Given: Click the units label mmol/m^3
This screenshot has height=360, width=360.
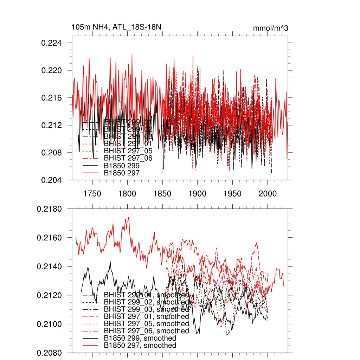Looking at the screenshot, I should (x=270, y=28).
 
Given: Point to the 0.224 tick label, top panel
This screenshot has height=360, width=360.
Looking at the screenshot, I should (x=52, y=43).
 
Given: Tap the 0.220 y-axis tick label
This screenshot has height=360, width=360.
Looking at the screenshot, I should (x=52, y=71).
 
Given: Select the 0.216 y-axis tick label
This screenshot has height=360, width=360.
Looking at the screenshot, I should (x=52, y=98).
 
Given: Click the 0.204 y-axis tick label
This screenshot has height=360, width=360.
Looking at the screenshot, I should (x=52, y=180).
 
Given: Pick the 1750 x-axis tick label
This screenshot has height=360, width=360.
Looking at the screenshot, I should (x=92, y=194).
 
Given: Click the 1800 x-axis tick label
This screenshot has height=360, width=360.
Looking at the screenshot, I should (x=127, y=194).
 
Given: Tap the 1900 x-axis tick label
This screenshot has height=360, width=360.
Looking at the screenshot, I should (x=198, y=194).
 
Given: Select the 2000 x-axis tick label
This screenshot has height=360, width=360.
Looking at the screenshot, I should (x=268, y=194).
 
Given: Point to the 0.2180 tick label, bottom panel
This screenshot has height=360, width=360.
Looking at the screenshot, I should (x=50, y=209).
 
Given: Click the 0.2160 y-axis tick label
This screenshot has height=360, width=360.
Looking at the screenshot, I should (x=50, y=238).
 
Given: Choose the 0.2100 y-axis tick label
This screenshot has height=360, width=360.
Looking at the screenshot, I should (x=50, y=324).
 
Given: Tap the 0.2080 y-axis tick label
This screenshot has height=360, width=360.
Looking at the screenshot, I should (x=50, y=353).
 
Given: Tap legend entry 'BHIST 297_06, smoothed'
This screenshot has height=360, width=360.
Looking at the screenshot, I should (x=146, y=331).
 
